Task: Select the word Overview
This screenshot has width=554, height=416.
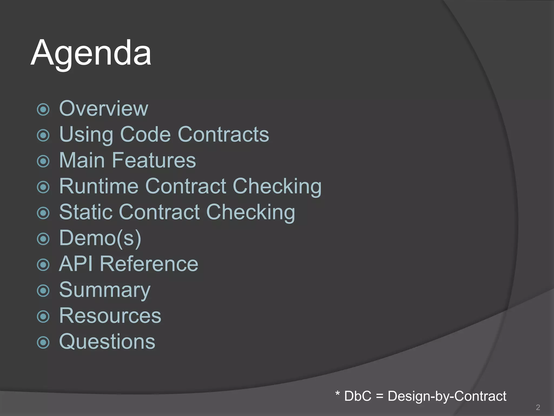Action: [x=104, y=108]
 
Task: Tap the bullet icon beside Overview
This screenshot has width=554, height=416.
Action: [x=43, y=110]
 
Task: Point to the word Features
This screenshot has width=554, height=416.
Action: [x=154, y=160]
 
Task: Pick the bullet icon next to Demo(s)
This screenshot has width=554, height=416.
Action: [x=43, y=239]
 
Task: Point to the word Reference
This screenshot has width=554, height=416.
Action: [x=149, y=264]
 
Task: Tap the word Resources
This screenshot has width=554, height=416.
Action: [x=110, y=316]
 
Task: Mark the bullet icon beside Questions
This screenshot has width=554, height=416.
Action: [x=43, y=342]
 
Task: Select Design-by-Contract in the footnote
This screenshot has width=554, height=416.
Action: [x=447, y=396]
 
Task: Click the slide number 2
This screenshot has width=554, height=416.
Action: [x=538, y=407]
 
